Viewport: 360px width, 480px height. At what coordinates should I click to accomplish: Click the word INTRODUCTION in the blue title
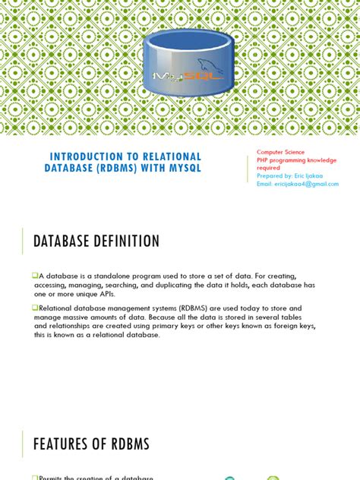point(87,156)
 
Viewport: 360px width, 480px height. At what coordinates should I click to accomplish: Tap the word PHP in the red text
point(263,160)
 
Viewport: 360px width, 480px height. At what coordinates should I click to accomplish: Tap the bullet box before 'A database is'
point(35,274)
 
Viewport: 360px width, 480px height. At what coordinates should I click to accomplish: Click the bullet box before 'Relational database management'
point(35,308)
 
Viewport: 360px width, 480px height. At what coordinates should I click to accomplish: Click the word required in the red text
point(268,168)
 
